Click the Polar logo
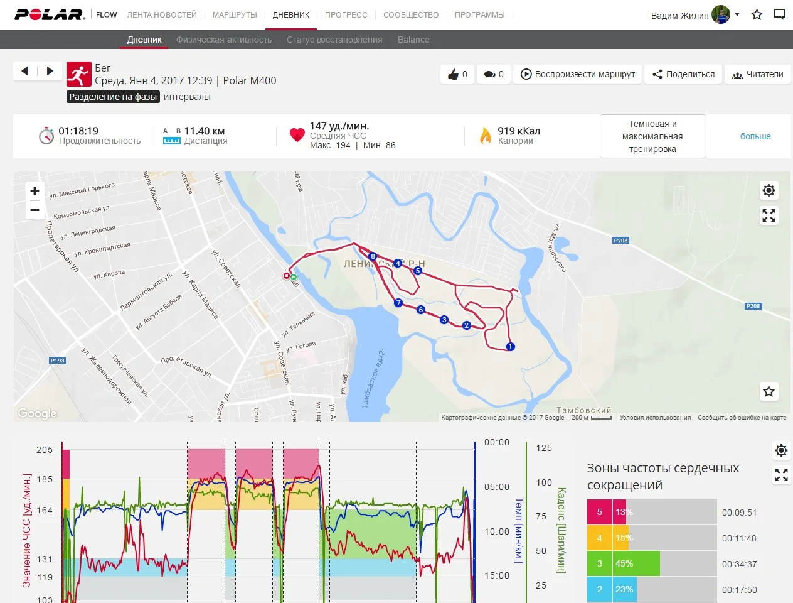point(50,14)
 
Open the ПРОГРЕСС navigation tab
point(346,14)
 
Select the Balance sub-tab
point(413,40)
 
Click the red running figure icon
point(79,74)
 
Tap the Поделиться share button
point(683,74)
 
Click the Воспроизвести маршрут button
point(578,74)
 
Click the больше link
point(755,136)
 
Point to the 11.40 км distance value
point(204,131)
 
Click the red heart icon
point(297,135)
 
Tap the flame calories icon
point(485,135)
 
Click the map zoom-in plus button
point(35,191)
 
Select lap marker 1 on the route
point(510,347)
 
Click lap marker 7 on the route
point(398,303)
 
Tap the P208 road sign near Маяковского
point(620,241)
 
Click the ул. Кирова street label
point(109,274)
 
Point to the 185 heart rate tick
point(45,479)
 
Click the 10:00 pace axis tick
point(497,531)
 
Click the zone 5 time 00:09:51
point(739,513)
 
